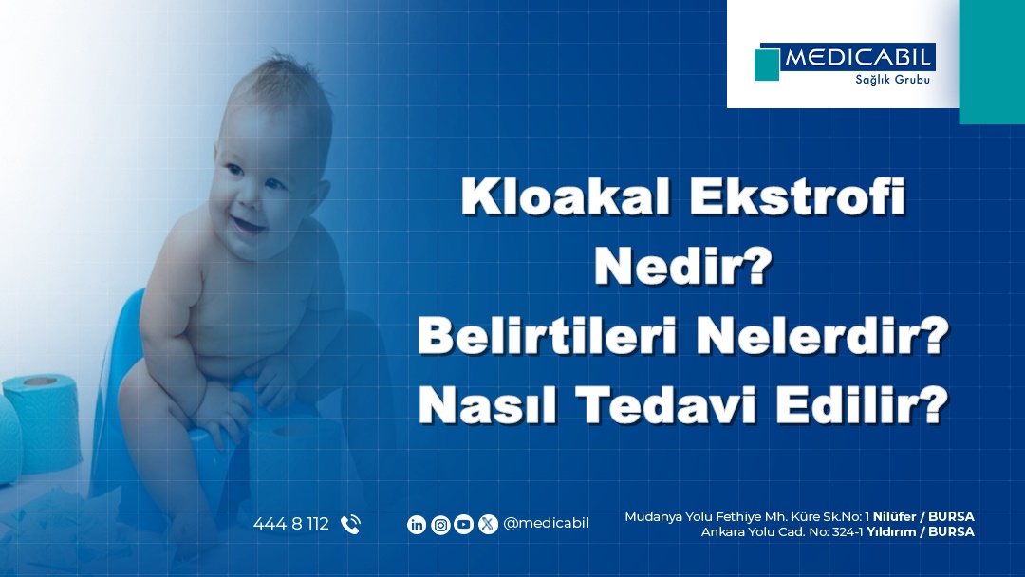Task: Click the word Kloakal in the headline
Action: tap(566, 196)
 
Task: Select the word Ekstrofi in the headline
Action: tap(797, 196)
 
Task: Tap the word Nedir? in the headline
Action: tap(683, 266)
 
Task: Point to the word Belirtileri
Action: tap(547, 336)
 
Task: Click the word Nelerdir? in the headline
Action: tap(822, 336)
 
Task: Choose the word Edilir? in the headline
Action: tap(862, 405)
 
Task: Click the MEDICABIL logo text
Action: tap(857, 58)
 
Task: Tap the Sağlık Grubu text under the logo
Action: tap(892, 80)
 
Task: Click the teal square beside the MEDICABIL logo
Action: tap(767, 65)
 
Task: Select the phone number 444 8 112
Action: tap(291, 524)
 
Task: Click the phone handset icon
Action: tap(350, 525)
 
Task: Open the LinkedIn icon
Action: tap(417, 525)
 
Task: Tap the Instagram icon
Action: tap(440, 525)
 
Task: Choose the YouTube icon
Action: tap(463, 525)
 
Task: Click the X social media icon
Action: tap(488, 525)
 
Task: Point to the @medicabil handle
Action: tap(547, 524)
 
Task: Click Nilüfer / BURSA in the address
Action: tap(923, 517)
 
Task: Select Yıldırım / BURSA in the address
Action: tap(921, 531)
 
